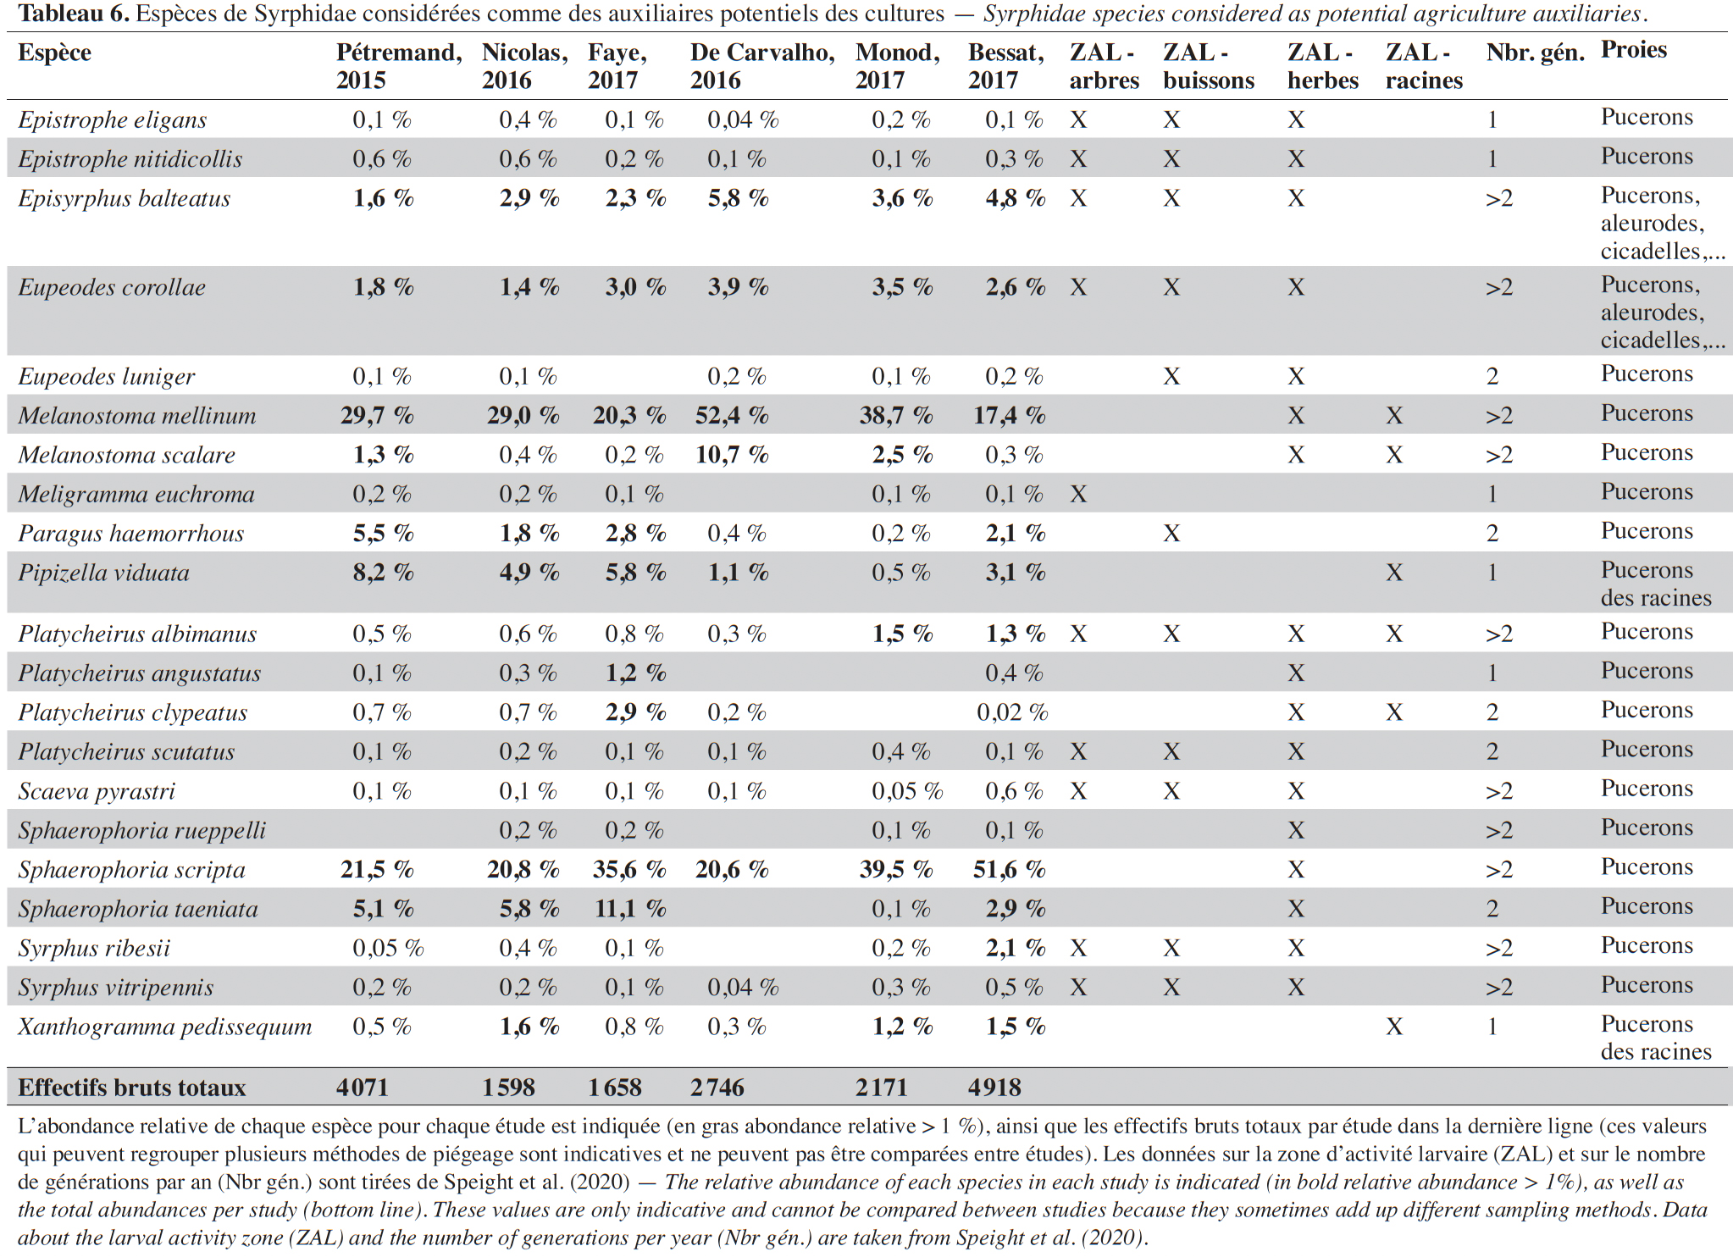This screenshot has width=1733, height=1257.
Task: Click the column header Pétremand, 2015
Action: tap(399, 66)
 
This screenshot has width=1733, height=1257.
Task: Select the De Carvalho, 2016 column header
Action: tap(762, 66)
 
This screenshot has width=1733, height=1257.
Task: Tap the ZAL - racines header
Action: tap(1424, 66)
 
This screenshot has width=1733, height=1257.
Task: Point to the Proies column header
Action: tap(1633, 50)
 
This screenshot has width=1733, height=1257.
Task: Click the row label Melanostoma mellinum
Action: tap(137, 415)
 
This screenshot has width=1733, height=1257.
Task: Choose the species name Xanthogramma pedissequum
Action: tap(165, 1027)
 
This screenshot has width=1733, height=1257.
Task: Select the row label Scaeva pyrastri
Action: tap(97, 791)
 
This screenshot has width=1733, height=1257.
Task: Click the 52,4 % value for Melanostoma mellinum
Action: tap(732, 415)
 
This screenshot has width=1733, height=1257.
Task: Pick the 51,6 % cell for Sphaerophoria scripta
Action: tap(1009, 869)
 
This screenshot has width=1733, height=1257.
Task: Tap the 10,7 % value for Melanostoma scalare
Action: tap(732, 455)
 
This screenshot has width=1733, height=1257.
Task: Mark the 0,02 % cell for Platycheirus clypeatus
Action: tap(1012, 712)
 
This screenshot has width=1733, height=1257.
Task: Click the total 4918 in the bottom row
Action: tap(994, 1088)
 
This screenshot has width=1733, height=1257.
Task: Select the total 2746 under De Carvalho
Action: tap(717, 1088)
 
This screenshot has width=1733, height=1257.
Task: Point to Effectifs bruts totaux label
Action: tap(132, 1088)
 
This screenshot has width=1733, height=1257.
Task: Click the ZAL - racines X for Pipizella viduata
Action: tap(1394, 573)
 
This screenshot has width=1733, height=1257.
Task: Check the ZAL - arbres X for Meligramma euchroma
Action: tap(1078, 495)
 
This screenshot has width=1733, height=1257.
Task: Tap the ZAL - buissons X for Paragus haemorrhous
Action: tap(1171, 534)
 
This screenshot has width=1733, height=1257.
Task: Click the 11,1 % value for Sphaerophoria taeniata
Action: tap(629, 909)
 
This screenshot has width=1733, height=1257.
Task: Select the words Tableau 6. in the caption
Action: tap(74, 14)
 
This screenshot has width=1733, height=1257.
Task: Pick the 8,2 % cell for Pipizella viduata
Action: tap(383, 573)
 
